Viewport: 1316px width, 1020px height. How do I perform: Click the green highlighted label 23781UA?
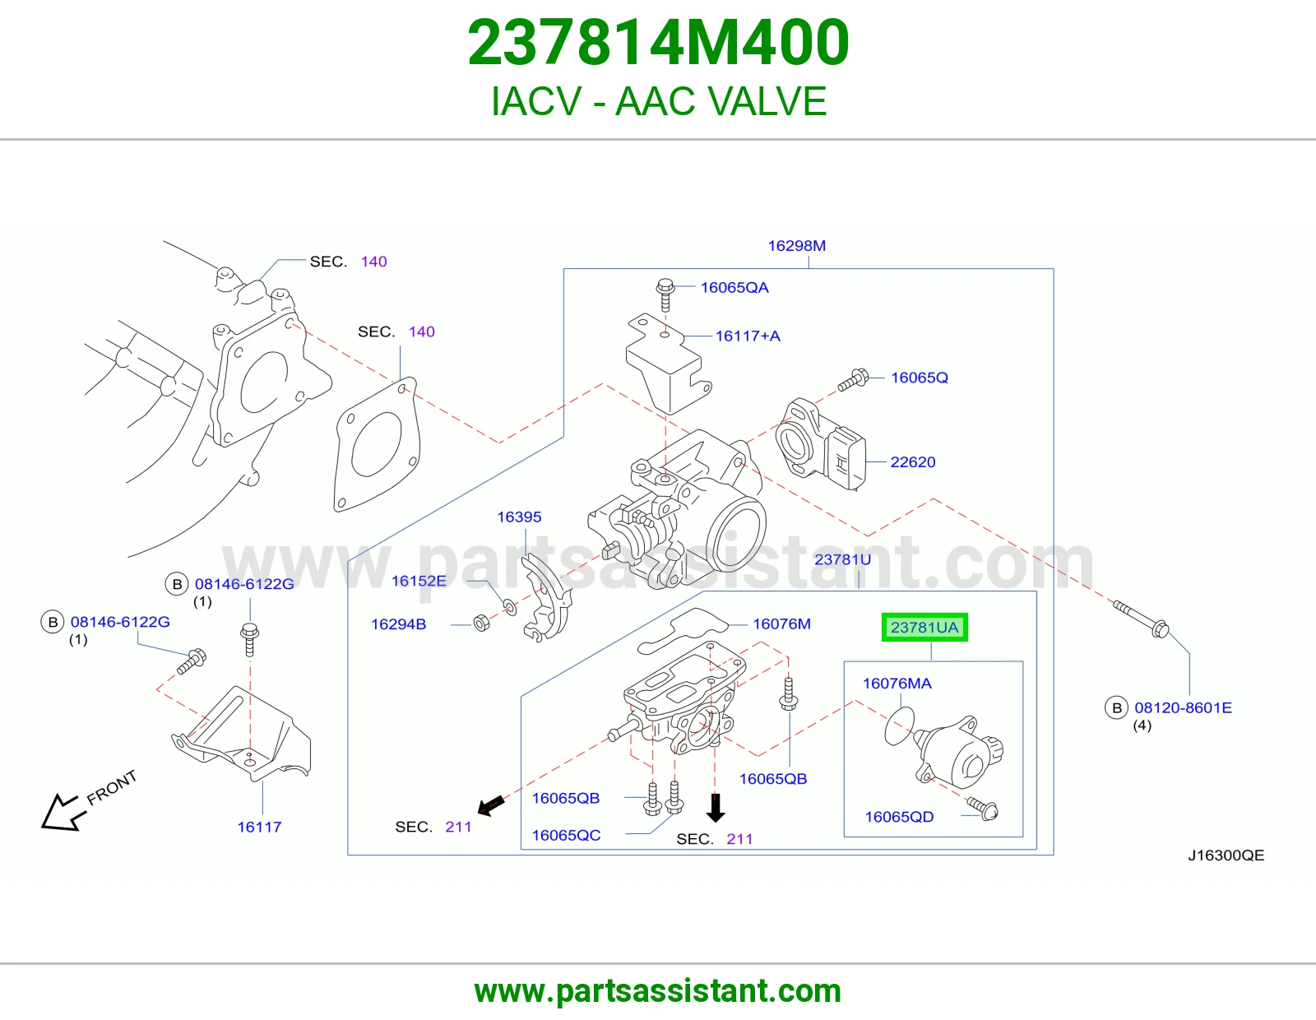coord(924,627)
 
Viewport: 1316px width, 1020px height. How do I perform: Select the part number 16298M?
coord(796,245)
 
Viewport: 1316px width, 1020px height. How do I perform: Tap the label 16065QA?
coord(734,287)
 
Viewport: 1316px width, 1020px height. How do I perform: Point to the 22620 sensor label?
coord(913,461)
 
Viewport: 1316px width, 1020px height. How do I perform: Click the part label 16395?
coord(519,517)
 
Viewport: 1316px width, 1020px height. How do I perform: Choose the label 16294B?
coord(398,624)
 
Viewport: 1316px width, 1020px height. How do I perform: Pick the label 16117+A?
coord(748,336)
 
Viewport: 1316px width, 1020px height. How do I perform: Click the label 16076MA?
coord(897,684)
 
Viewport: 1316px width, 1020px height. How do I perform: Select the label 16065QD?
coord(899,817)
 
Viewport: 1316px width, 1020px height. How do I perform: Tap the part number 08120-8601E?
coord(1183,707)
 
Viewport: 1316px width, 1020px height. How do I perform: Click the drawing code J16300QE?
coord(1226,855)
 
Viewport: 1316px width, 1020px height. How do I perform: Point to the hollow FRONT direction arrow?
coord(63,812)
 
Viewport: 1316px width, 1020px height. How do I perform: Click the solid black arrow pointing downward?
coord(716,808)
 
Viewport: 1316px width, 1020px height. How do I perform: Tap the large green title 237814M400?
coord(658,42)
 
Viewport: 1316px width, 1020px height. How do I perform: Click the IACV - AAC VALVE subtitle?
coord(658,101)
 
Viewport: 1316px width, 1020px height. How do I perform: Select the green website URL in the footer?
coord(658,991)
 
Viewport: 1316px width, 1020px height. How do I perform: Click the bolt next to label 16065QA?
coord(665,294)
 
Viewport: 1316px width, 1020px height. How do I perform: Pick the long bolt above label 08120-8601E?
coord(1141,619)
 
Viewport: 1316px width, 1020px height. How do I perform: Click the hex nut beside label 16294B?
coord(481,622)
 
